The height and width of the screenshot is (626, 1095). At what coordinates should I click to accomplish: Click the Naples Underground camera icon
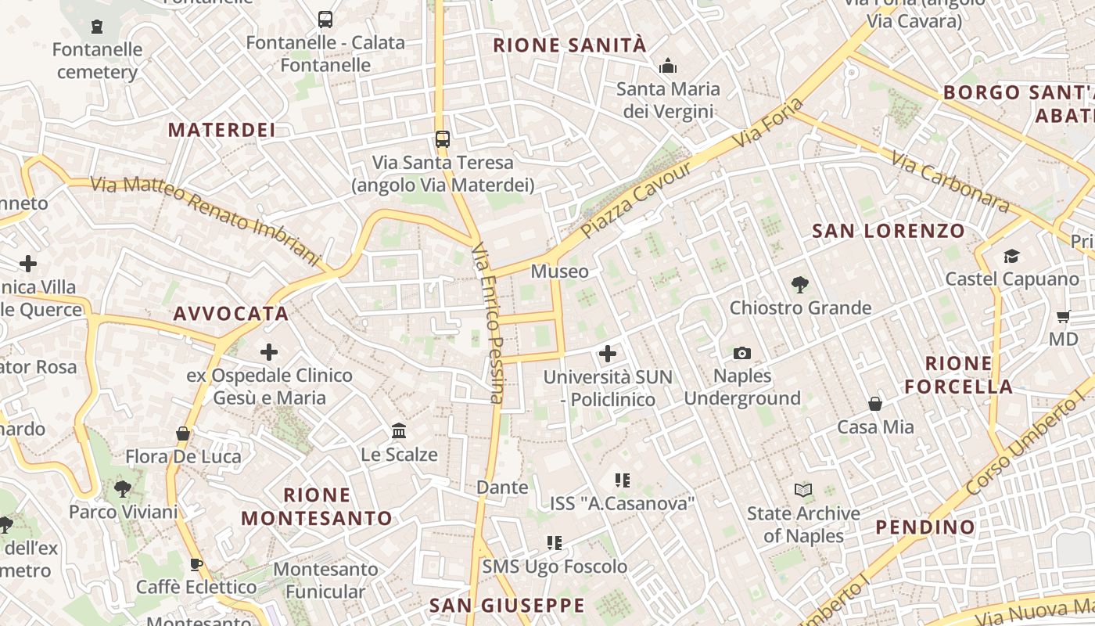742,354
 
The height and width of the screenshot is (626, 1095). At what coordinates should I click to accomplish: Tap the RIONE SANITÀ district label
570,45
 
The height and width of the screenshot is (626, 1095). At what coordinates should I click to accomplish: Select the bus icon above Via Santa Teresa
443,139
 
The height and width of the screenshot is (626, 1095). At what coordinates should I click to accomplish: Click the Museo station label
559,272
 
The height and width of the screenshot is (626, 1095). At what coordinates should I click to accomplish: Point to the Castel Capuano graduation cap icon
1011,257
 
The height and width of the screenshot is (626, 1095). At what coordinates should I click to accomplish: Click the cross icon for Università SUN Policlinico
608,354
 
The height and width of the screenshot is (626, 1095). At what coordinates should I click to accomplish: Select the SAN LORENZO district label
889,231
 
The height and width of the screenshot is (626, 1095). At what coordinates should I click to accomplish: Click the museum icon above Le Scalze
399,431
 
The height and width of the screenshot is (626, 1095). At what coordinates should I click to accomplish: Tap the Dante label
502,487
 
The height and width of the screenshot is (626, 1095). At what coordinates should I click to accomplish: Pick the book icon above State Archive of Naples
802,491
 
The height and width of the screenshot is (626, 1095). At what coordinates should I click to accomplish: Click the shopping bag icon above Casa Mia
875,404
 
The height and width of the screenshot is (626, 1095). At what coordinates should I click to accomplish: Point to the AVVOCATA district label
231,314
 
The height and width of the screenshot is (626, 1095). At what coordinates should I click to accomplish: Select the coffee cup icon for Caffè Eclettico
196,564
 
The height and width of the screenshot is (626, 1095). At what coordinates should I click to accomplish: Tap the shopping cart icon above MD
1063,317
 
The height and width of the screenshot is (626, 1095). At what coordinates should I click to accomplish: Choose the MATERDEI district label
222,130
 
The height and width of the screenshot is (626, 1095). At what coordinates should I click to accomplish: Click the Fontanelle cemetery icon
97,27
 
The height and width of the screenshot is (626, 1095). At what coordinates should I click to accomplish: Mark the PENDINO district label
925,527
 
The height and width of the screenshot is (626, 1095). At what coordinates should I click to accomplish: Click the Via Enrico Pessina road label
486,322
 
